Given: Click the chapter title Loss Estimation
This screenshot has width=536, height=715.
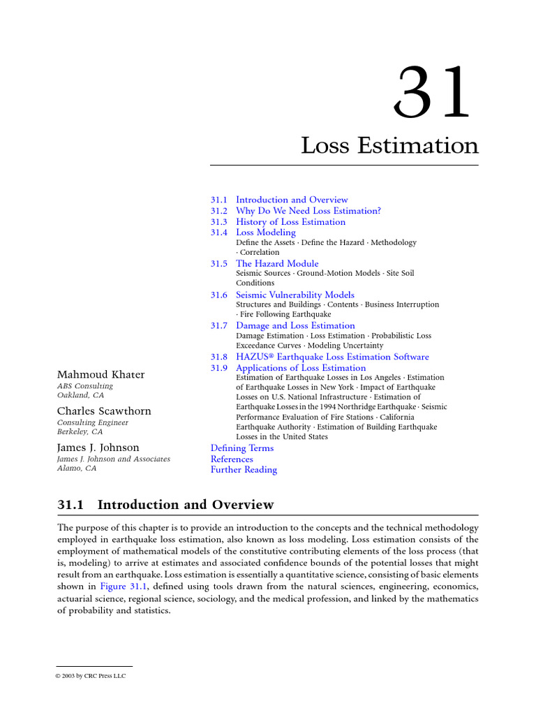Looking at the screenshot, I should tap(389, 146).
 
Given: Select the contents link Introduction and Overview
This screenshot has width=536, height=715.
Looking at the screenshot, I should tap(292, 200).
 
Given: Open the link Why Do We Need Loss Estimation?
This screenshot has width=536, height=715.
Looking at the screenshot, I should tap(308, 211).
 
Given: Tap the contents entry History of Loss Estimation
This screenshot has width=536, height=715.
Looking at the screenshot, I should tap(290, 222).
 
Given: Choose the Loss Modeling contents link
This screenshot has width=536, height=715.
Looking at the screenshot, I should tap(266, 233).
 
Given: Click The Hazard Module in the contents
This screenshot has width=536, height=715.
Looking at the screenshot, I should tap(277, 264).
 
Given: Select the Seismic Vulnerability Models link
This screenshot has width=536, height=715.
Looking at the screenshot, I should tap(295, 295).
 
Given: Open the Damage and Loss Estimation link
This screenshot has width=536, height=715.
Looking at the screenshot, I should tap(295, 326).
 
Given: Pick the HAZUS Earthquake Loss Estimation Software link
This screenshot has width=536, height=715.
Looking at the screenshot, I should tap(332, 357).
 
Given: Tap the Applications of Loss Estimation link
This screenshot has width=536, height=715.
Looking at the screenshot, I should tap(301, 368).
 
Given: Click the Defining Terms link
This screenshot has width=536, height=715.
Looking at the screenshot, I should tap(242, 448).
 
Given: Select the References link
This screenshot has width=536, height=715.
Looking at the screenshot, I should tap(232, 459).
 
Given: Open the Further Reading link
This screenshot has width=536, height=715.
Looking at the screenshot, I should tap(244, 470).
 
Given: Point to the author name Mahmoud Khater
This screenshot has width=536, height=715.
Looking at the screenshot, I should tap(101, 375).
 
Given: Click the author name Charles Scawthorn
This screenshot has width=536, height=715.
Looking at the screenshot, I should tap(104, 411).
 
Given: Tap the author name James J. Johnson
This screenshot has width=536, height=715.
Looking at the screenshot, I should tap(98, 448).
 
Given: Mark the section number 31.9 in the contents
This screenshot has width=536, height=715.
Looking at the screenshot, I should tap(219, 368).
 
